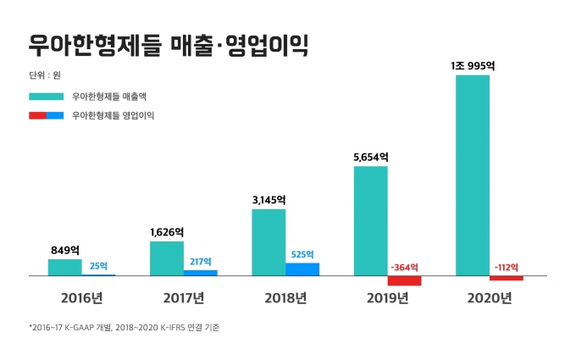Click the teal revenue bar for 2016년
(x=65, y=268)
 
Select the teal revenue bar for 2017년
(x=167, y=258)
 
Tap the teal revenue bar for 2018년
(x=269, y=242)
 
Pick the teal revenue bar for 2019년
(x=371, y=221)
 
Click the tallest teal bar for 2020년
(x=473, y=175)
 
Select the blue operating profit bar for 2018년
(x=302, y=269)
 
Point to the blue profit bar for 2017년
(x=201, y=273)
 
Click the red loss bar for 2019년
(x=404, y=280)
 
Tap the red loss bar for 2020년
(x=507, y=278)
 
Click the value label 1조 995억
(x=473, y=66)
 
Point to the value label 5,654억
(x=371, y=158)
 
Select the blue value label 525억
(x=302, y=254)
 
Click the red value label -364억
(x=404, y=267)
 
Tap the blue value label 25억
(x=98, y=266)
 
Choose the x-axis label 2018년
(x=285, y=298)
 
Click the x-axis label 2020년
(x=490, y=298)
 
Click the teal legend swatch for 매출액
(x=47, y=97)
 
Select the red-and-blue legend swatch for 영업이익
(x=47, y=115)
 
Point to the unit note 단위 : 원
(x=45, y=75)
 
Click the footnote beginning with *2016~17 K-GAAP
(x=125, y=327)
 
